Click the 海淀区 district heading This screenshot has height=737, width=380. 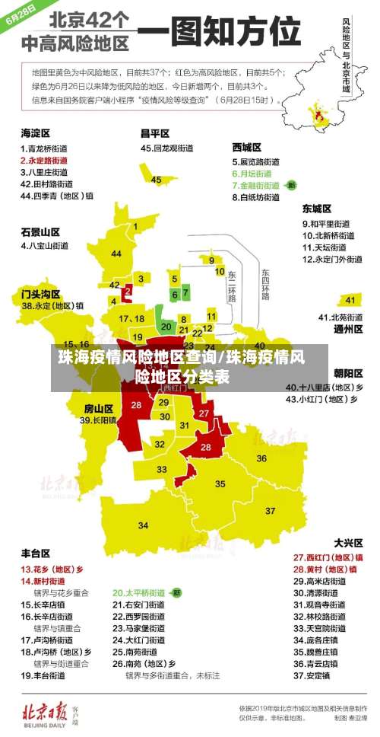[35, 132]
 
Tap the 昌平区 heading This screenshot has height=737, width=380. [155, 132]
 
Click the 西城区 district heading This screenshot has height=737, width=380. [247, 148]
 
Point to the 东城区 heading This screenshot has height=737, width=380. [317, 209]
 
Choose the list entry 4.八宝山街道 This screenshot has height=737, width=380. [46, 246]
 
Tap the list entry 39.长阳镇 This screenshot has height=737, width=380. [98, 420]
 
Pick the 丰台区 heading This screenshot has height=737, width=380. [35, 553]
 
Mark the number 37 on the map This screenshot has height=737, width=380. [271, 510]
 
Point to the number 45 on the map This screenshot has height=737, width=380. [156, 180]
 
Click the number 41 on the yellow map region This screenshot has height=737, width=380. [349, 299]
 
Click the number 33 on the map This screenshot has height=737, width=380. [163, 470]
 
